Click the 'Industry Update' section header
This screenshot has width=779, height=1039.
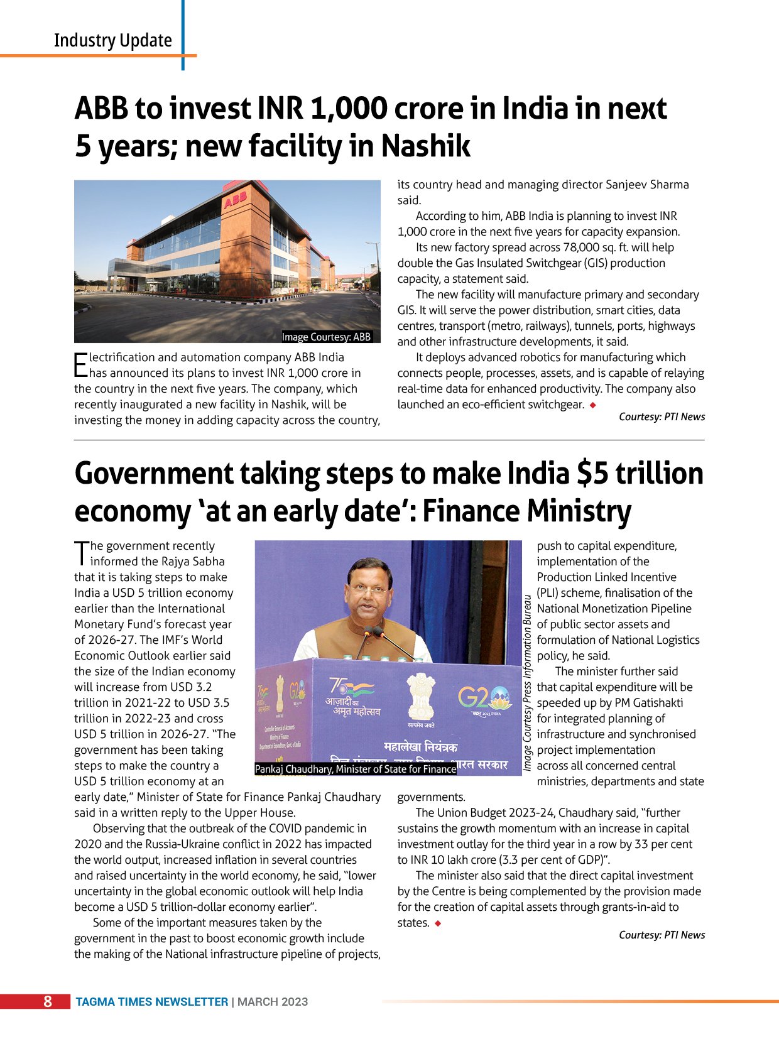coord(112,40)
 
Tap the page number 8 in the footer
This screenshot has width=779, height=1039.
coord(48,1001)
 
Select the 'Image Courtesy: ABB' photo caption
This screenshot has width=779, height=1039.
coord(326,337)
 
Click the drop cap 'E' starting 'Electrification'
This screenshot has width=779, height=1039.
coord(80,364)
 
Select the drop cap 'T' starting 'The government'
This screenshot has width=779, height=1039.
coord(81,553)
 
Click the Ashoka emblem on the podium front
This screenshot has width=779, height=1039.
coord(420,695)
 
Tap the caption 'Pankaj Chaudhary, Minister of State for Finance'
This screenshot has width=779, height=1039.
coord(355,769)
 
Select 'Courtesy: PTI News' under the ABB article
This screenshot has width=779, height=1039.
coord(662,416)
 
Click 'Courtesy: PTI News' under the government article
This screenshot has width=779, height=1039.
coord(662,935)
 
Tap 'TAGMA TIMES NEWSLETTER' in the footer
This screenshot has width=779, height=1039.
coord(152,1002)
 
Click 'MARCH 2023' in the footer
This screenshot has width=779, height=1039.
coord(273,1002)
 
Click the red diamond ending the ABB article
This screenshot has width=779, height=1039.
coord(592,405)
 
